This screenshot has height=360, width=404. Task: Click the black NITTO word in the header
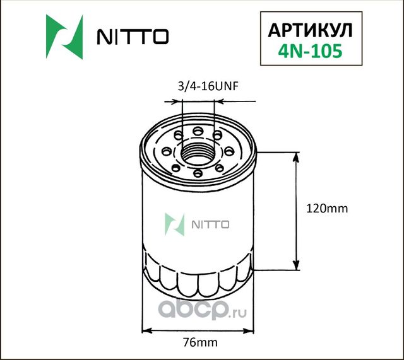(x=131, y=37)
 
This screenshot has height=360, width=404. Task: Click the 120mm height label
(x=326, y=208)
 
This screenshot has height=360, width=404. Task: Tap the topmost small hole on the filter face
(x=198, y=131)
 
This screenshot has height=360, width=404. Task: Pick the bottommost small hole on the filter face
(x=198, y=173)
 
